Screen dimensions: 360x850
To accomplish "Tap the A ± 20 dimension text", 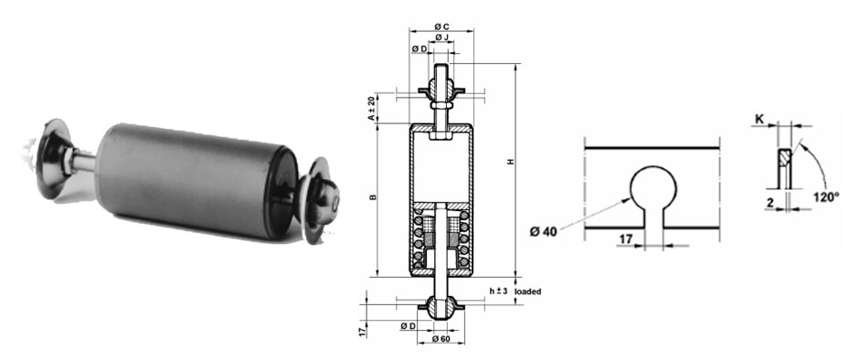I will click(x=371, y=108).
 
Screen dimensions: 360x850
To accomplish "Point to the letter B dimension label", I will click(x=371, y=197).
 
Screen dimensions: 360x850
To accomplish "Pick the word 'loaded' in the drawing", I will click(x=528, y=291).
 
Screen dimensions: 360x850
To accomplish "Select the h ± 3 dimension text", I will click(x=498, y=291).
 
